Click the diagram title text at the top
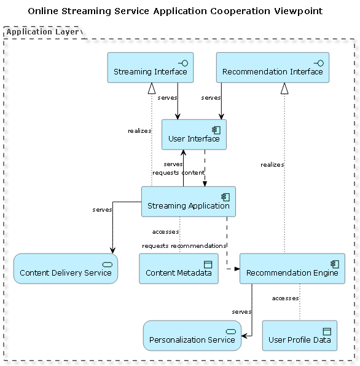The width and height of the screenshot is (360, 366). [x=175, y=11]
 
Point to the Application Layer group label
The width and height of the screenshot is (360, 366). [x=42, y=31]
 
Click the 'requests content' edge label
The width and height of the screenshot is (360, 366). [x=178, y=172]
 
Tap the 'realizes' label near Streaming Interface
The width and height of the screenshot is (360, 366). [x=139, y=130]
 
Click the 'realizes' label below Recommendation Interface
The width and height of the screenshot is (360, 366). [x=272, y=164]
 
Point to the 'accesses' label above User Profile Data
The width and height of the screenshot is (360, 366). [x=285, y=298]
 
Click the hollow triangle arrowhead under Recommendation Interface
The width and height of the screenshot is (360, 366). [x=284, y=89]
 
